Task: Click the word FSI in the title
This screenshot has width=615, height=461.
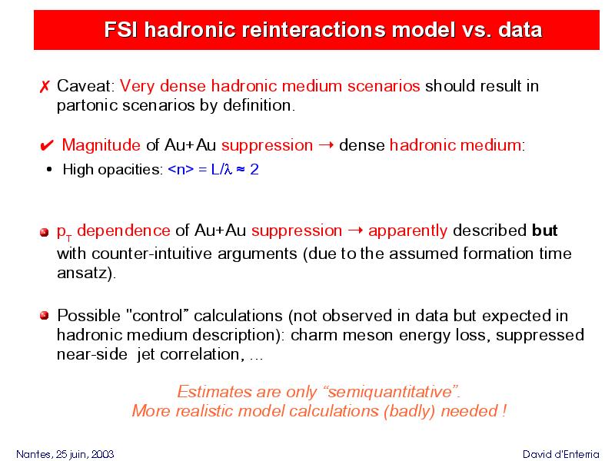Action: click(121, 30)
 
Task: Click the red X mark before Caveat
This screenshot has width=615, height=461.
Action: click(45, 86)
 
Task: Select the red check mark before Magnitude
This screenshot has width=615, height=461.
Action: click(47, 145)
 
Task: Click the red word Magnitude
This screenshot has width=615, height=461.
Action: click(101, 145)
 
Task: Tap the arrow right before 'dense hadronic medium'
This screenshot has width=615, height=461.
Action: click(326, 145)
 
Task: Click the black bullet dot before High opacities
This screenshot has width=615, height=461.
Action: click(49, 169)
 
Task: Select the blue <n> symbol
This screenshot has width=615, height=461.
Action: click(181, 169)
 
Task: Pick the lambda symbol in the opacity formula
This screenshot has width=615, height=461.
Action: click(228, 170)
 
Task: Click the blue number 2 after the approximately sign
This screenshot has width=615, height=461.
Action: click(254, 169)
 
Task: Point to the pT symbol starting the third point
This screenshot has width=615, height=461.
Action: click(65, 233)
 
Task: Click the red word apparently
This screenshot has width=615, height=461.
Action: click(408, 231)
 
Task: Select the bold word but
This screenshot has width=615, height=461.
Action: click(545, 230)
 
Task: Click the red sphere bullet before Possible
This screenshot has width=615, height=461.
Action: click(45, 315)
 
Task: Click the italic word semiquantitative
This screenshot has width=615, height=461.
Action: click(391, 392)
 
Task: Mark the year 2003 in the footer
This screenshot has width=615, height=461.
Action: click(102, 454)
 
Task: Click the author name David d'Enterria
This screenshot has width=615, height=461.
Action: click(561, 454)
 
